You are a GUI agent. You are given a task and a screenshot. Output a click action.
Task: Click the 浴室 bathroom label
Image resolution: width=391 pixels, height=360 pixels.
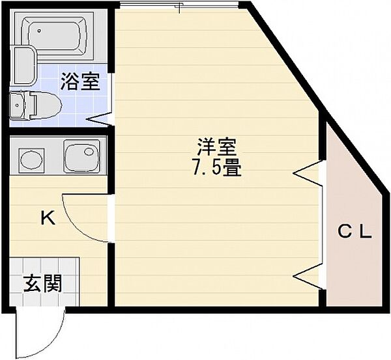coord(80,81)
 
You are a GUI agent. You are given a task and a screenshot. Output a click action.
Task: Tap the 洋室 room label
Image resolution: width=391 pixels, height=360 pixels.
coord(216,146)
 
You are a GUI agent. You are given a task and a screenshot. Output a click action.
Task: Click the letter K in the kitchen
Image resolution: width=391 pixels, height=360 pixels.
coord(48,217)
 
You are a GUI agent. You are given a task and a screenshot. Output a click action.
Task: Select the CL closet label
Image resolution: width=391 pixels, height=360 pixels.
coord(355,232)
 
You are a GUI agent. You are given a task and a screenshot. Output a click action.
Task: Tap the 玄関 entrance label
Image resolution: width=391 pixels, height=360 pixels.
coord(42,283)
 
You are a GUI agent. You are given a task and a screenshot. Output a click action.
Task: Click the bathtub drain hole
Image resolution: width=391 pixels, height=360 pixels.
coord(39,31)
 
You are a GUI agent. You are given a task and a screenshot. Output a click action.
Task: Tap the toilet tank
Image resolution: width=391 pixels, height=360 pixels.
coord(17,105)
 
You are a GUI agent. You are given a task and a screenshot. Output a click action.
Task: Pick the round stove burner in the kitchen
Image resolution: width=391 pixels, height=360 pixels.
coord(31,160)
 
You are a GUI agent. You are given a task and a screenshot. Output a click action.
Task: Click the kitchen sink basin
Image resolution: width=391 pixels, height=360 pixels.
coord(81,156)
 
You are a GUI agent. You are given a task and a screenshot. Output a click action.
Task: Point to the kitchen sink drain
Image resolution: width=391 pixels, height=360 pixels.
coord(89,152)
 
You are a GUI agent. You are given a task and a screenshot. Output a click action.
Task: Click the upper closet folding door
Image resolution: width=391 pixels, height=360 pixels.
coord(307,173)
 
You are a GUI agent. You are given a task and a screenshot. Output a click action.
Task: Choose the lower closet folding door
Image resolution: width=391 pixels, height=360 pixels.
coord(307,275)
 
